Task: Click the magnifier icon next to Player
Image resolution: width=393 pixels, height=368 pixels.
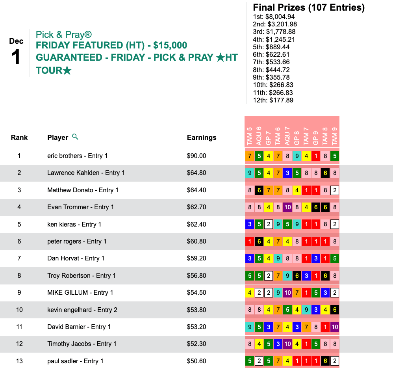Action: coord(75,137)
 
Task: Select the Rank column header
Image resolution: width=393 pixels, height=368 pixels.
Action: coord(19,138)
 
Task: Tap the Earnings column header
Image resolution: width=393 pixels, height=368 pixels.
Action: coord(202,138)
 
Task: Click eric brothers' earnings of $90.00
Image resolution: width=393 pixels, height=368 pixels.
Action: coord(196,156)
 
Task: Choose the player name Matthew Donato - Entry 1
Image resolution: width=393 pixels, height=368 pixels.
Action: coord(83,190)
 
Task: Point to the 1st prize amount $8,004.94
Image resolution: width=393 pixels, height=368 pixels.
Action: coord(274,17)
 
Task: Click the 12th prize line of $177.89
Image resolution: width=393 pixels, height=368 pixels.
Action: coord(273,100)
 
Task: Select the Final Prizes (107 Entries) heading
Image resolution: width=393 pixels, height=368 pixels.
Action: coord(309,7)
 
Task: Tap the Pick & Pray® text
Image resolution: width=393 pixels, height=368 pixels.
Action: coord(64,34)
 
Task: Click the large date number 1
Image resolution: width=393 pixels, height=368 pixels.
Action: coord(16,58)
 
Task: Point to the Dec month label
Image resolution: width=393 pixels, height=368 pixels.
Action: coord(17,41)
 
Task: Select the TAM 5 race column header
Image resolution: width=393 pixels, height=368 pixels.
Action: coord(249,136)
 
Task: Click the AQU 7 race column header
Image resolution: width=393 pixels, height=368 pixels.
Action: coord(287,136)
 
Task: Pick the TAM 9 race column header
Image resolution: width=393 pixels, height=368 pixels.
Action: coord(334,136)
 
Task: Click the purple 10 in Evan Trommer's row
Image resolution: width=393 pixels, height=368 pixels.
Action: coord(287,207)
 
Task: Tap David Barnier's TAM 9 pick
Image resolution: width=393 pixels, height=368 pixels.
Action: coord(335,327)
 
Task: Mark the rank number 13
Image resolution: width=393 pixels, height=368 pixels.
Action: coord(19,361)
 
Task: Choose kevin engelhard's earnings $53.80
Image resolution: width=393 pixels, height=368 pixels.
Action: coord(196,310)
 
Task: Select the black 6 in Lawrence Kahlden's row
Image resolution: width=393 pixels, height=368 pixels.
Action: coord(325,173)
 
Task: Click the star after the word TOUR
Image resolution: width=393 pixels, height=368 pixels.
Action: coord(67,71)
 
